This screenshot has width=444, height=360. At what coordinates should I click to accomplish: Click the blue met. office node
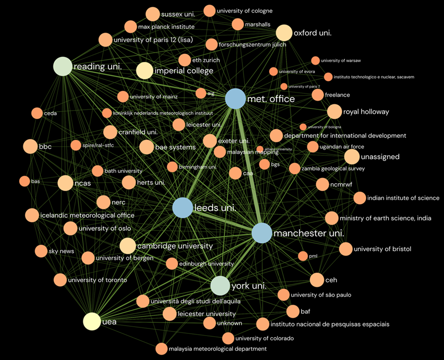(x=235, y=98)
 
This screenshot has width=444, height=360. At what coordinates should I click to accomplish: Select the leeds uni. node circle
(x=182, y=208)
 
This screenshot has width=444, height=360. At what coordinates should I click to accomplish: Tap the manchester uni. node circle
(x=262, y=233)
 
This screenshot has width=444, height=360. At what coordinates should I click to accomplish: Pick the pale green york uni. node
(x=220, y=286)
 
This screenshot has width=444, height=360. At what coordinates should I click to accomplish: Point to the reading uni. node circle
(x=63, y=67)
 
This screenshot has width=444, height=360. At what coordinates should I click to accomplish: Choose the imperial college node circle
(x=144, y=71)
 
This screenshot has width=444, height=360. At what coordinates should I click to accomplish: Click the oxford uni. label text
(x=313, y=33)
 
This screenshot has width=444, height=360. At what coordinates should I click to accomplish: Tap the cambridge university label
(x=174, y=246)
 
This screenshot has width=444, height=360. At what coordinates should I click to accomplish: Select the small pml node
(x=303, y=256)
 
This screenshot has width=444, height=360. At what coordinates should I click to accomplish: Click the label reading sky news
(x=61, y=251)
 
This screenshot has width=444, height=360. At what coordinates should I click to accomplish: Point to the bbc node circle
(x=30, y=146)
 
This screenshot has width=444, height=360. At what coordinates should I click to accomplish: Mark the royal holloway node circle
(x=334, y=112)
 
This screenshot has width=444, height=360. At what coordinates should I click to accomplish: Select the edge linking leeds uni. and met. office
(x=209, y=153)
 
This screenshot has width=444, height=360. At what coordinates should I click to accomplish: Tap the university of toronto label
(x=97, y=280)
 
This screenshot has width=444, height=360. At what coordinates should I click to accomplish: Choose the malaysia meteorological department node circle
(x=162, y=349)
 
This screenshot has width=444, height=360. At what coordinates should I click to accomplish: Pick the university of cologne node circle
(x=210, y=11)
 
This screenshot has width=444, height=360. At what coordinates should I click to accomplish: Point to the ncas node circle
(x=65, y=183)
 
